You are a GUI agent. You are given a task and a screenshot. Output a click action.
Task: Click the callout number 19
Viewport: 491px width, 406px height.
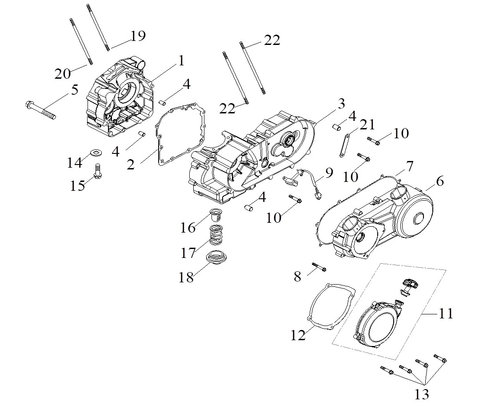tap(138, 36)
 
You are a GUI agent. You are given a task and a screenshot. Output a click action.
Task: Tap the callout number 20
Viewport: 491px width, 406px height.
tap(63, 74)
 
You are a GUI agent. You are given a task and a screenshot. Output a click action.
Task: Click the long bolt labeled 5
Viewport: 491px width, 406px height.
tap(40, 110)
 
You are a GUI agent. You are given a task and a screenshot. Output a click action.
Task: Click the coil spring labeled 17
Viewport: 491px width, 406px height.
tap(216, 235)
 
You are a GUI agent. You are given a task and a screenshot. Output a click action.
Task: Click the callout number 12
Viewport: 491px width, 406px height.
tap(298, 335)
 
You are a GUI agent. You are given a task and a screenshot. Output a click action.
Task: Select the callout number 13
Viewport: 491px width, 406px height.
tap(422, 394)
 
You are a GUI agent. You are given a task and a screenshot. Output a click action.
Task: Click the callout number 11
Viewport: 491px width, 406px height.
tap(446, 313)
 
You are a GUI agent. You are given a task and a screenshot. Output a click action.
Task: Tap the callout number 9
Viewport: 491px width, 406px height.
tap(329, 173)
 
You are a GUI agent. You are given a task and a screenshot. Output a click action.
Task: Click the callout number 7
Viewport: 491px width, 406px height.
tap(410, 166)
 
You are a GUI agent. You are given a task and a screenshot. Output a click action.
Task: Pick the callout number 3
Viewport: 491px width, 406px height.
tap(341, 103)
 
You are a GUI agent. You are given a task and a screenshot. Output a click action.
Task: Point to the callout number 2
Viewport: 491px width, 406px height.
tap(131, 165)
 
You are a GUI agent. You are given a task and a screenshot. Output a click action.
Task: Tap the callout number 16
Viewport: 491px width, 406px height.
tap(188, 228)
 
